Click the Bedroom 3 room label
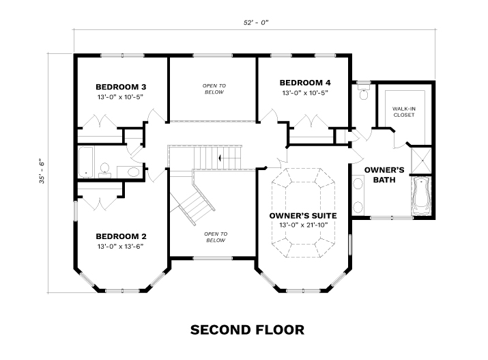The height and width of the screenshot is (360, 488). point(121,87)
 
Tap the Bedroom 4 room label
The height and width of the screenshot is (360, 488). point(304,83)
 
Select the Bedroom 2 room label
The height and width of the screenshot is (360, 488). point(121,236)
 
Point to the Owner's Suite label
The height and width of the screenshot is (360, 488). point(303,215)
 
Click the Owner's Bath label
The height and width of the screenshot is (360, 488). point(384,175)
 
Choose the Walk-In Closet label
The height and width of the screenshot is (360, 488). point(403,112)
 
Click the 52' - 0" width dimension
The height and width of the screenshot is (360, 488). point(256,23)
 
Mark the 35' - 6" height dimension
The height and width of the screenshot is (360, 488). point(42,172)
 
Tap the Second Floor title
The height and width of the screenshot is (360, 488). point(247,330)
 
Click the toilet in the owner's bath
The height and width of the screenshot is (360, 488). point(364,91)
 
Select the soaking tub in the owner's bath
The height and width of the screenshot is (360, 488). point(421,195)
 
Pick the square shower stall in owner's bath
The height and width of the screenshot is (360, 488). point(421,161)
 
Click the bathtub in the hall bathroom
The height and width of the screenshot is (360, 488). point(85,162)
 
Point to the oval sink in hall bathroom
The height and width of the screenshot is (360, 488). point(133,172)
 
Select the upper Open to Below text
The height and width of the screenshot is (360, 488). point(214,89)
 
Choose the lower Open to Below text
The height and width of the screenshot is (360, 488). point(216,237)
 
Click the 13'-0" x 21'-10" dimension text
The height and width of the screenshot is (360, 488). point(303,225)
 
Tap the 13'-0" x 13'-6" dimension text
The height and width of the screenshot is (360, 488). point(120,247)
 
